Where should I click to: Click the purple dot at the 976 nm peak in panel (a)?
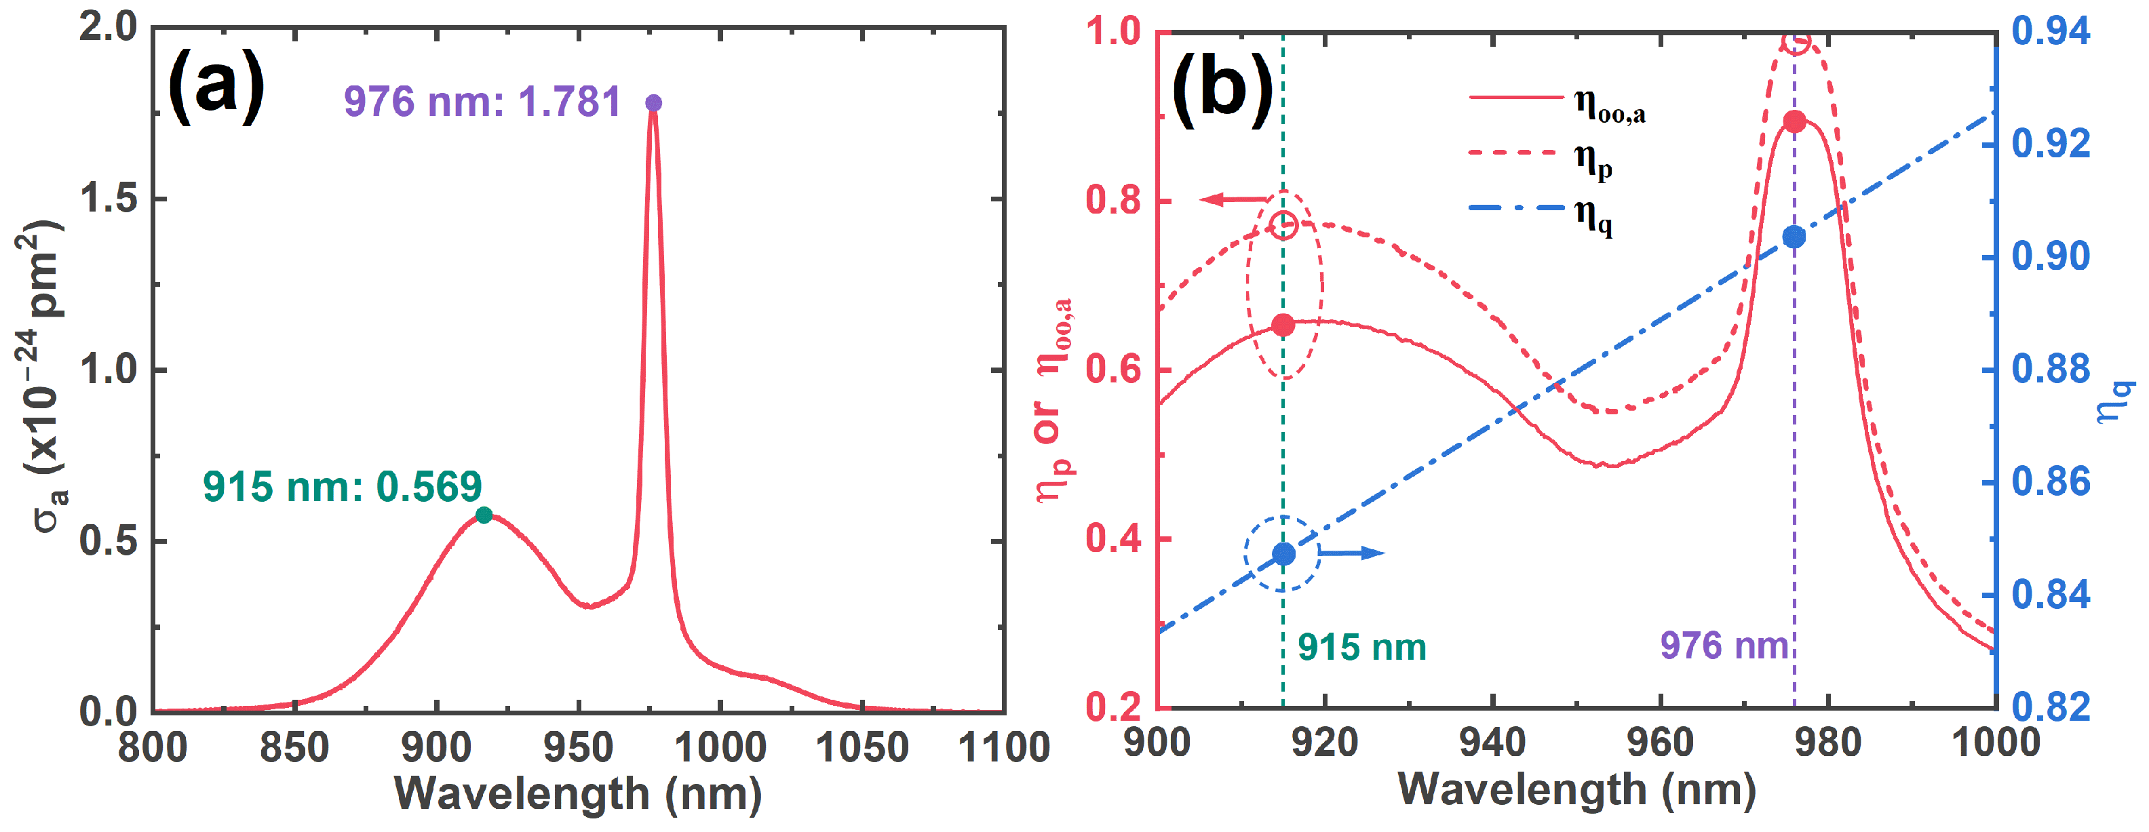653,103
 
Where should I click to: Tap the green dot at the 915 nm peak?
484,515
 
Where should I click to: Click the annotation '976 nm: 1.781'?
482,102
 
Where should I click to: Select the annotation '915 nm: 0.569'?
342,487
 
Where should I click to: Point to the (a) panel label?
216,87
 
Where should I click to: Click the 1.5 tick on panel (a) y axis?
109,199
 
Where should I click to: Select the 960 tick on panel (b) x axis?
1660,742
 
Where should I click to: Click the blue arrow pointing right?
1351,553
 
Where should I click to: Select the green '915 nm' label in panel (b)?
1361,648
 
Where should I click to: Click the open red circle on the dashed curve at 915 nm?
1285,224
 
